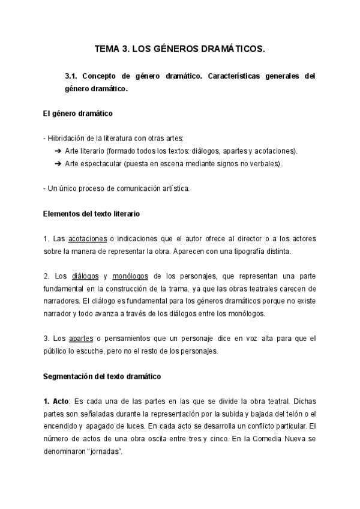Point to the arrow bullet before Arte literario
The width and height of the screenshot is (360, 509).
click(58, 151)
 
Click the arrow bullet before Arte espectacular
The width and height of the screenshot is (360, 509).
click(58, 163)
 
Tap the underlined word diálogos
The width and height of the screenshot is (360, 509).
click(85, 276)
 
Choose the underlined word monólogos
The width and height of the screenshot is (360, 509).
click(130, 276)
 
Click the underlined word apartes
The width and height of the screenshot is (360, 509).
click(81, 339)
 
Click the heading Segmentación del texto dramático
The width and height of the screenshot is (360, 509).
click(102, 376)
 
